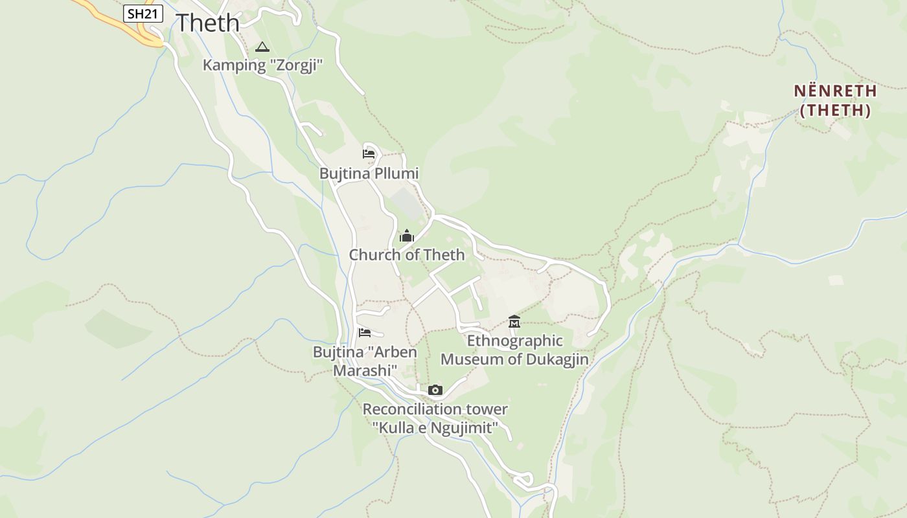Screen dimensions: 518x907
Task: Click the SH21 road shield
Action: pos(143,14)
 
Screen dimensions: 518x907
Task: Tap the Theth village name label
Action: pos(208,23)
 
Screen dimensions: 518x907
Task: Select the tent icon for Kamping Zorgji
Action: pos(262,47)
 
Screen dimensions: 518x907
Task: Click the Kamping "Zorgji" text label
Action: pos(262,65)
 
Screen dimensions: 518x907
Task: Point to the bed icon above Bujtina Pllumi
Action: pos(368,154)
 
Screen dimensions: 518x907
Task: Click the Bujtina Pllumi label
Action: pos(369,174)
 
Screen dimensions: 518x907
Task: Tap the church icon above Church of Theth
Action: pos(407,236)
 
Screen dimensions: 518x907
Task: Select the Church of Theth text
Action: pos(407,255)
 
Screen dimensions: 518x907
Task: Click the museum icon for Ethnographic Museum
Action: pos(514,321)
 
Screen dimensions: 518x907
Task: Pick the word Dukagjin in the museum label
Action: pos(552,359)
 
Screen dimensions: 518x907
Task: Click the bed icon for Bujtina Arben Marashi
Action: pos(365,333)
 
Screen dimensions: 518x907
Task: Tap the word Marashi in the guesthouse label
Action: pos(365,371)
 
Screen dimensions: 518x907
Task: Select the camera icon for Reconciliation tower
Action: pos(435,390)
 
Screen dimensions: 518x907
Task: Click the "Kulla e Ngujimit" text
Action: pos(435,428)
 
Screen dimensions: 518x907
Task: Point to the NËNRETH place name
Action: pos(835,91)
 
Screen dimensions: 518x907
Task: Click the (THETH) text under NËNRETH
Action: pos(835,111)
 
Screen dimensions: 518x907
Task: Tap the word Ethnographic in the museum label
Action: pos(515,341)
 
